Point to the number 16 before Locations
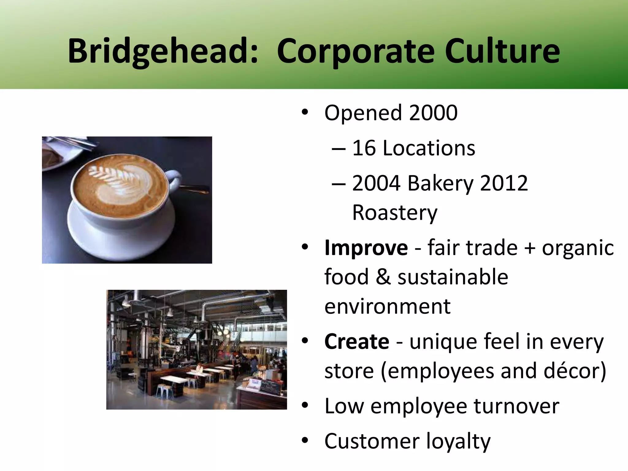tap(364, 148)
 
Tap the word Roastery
tap(394, 213)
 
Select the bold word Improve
tap(366, 248)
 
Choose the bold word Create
tap(357, 342)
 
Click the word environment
tap(387, 306)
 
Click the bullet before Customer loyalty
tap(304, 441)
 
